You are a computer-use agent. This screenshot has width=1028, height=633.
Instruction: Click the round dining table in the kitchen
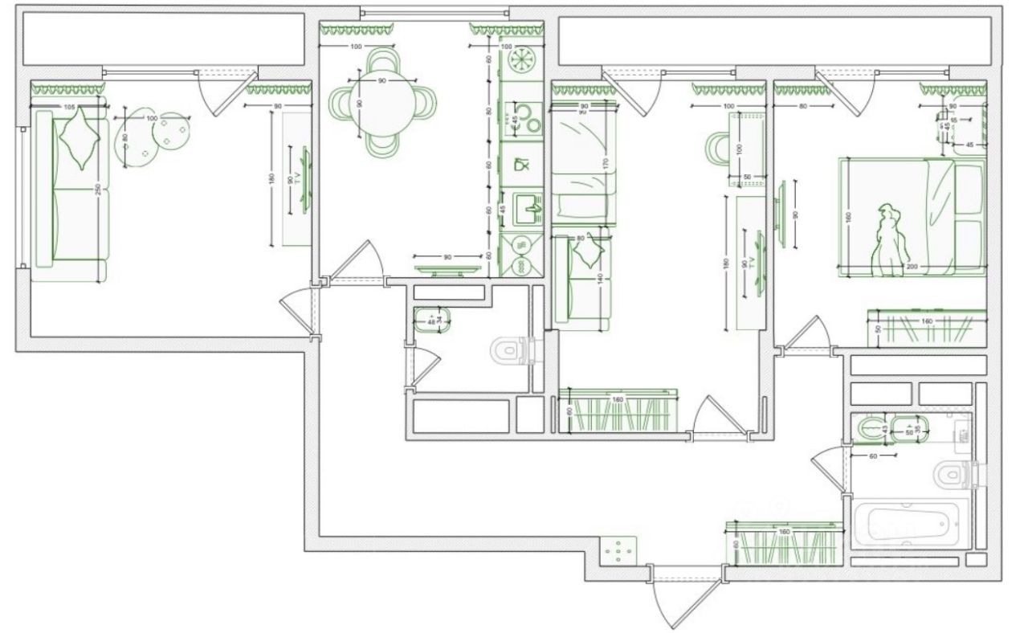[x=383, y=102]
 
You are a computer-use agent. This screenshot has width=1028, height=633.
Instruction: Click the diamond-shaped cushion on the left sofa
[x=80, y=135]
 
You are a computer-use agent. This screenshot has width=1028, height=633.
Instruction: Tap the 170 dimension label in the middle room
[x=606, y=163]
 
